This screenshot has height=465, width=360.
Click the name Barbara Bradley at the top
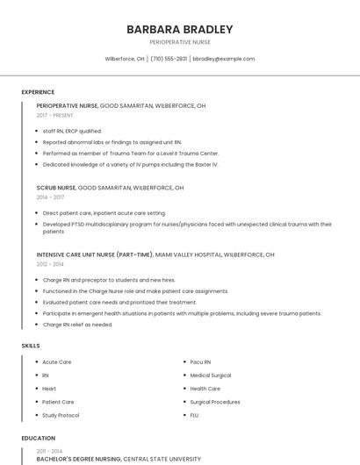click(x=179, y=29)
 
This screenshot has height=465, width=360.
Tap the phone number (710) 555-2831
click(x=169, y=59)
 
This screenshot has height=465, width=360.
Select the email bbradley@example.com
click(x=224, y=59)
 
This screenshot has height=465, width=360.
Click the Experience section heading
click(x=38, y=92)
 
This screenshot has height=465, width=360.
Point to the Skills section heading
click(x=31, y=346)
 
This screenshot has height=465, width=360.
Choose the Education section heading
click(x=39, y=437)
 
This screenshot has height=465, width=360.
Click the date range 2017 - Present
click(x=55, y=116)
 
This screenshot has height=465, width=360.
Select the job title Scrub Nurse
click(x=56, y=188)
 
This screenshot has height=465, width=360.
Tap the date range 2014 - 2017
click(x=50, y=197)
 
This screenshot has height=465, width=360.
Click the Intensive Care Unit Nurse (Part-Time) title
click(x=95, y=254)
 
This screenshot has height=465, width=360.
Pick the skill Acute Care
click(x=57, y=361)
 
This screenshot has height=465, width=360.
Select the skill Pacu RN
click(x=200, y=361)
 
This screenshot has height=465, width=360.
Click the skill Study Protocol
click(x=61, y=415)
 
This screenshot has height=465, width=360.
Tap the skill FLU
click(x=194, y=415)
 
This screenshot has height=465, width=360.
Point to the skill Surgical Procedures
click(x=214, y=402)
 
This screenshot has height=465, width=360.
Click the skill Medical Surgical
click(x=211, y=375)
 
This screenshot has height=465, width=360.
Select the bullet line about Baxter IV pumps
click(x=130, y=164)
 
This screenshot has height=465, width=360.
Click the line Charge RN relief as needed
click(x=77, y=325)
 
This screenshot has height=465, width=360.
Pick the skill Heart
click(x=49, y=389)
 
